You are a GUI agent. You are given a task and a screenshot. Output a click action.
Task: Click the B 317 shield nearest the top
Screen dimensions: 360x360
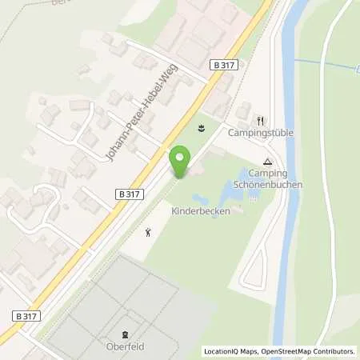coord(222,65)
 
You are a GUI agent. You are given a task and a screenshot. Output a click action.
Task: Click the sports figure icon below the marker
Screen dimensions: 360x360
coord(148,233)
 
